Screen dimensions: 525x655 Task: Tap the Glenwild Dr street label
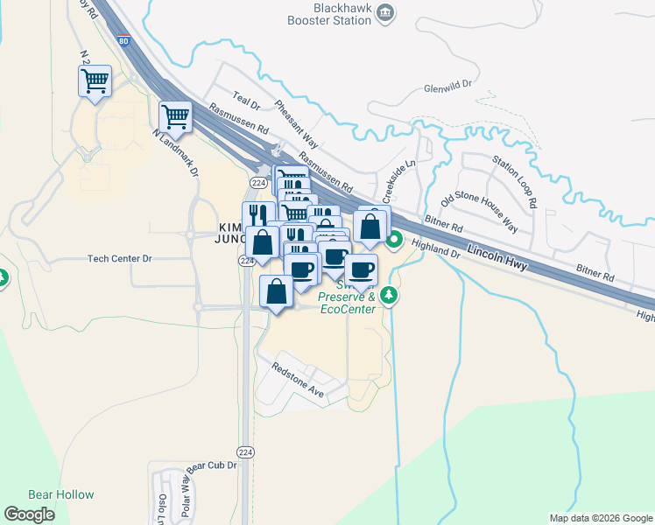(447, 87)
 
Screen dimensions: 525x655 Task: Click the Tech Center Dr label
(120, 259)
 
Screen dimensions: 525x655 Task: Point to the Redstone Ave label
(298, 381)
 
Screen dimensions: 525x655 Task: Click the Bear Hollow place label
(60, 494)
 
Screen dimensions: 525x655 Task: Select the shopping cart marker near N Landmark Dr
(176, 116)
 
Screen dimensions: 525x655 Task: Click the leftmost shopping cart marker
(95, 81)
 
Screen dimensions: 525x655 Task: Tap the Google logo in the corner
(29, 514)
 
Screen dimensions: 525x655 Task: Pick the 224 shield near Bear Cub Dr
(246, 451)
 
